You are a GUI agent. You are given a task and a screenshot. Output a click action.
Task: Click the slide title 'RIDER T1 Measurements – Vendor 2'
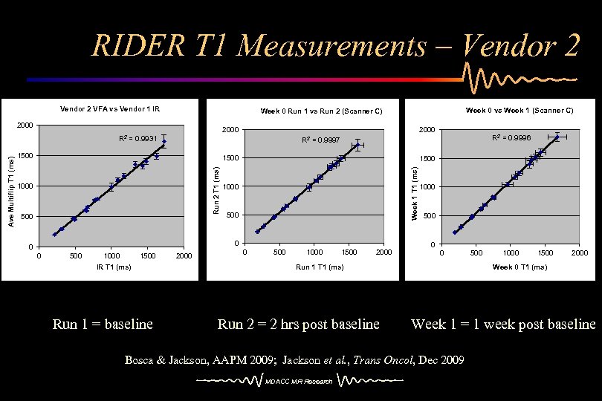[x=334, y=46]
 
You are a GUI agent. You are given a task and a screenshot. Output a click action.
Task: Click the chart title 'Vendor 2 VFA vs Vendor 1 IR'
[x=109, y=109]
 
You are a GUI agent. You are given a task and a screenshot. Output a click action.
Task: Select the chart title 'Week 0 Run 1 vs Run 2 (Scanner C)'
[x=321, y=111]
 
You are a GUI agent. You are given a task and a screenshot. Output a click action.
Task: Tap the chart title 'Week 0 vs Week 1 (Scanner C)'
[x=520, y=111]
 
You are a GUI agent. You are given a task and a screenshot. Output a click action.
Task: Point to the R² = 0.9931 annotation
[x=137, y=138]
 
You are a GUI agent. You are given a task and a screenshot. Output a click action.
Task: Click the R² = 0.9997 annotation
[x=321, y=140]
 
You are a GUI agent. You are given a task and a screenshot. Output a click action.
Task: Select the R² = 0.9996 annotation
[x=511, y=137]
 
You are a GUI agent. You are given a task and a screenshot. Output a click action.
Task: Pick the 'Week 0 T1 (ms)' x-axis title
[x=520, y=267]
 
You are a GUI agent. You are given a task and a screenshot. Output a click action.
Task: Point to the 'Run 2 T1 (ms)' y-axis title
[x=216, y=190]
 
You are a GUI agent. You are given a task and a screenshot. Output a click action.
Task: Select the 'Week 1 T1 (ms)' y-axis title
[x=415, y=192]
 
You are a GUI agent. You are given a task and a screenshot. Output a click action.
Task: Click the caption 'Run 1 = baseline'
[x=103, y=324]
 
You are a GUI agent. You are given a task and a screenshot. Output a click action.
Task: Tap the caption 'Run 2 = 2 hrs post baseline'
[x=298, y=324]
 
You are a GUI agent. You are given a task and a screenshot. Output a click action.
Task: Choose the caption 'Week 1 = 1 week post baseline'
[x=503, y=324]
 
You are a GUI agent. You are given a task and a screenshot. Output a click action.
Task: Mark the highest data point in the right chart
[x=557, y=137]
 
